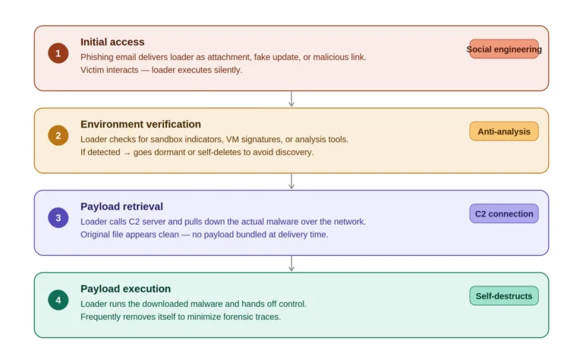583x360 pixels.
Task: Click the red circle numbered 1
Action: pos(58,53)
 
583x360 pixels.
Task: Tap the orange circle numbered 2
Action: pos(58,135)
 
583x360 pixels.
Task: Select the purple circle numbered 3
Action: pos(58,217)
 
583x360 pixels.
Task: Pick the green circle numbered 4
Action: pos(58,300)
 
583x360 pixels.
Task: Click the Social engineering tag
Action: pos(504,49)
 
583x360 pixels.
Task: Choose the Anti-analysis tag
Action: pos(504,131)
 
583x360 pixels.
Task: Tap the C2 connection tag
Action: pos(504,213)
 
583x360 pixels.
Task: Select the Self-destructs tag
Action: pos(504,295)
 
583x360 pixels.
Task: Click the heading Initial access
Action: pos(112,42)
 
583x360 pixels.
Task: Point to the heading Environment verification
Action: pos(140,125)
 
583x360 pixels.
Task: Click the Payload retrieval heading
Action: pos(121,207)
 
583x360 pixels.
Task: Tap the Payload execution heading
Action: pos(126,289)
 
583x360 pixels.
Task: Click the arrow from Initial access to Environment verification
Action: pos(291,99)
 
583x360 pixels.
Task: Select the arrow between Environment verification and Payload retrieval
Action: pos(291,181)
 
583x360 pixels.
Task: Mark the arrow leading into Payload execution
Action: pos(291,264)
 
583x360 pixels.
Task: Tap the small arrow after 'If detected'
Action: pos(127,153)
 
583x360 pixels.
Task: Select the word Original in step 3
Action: pos(93,235)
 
